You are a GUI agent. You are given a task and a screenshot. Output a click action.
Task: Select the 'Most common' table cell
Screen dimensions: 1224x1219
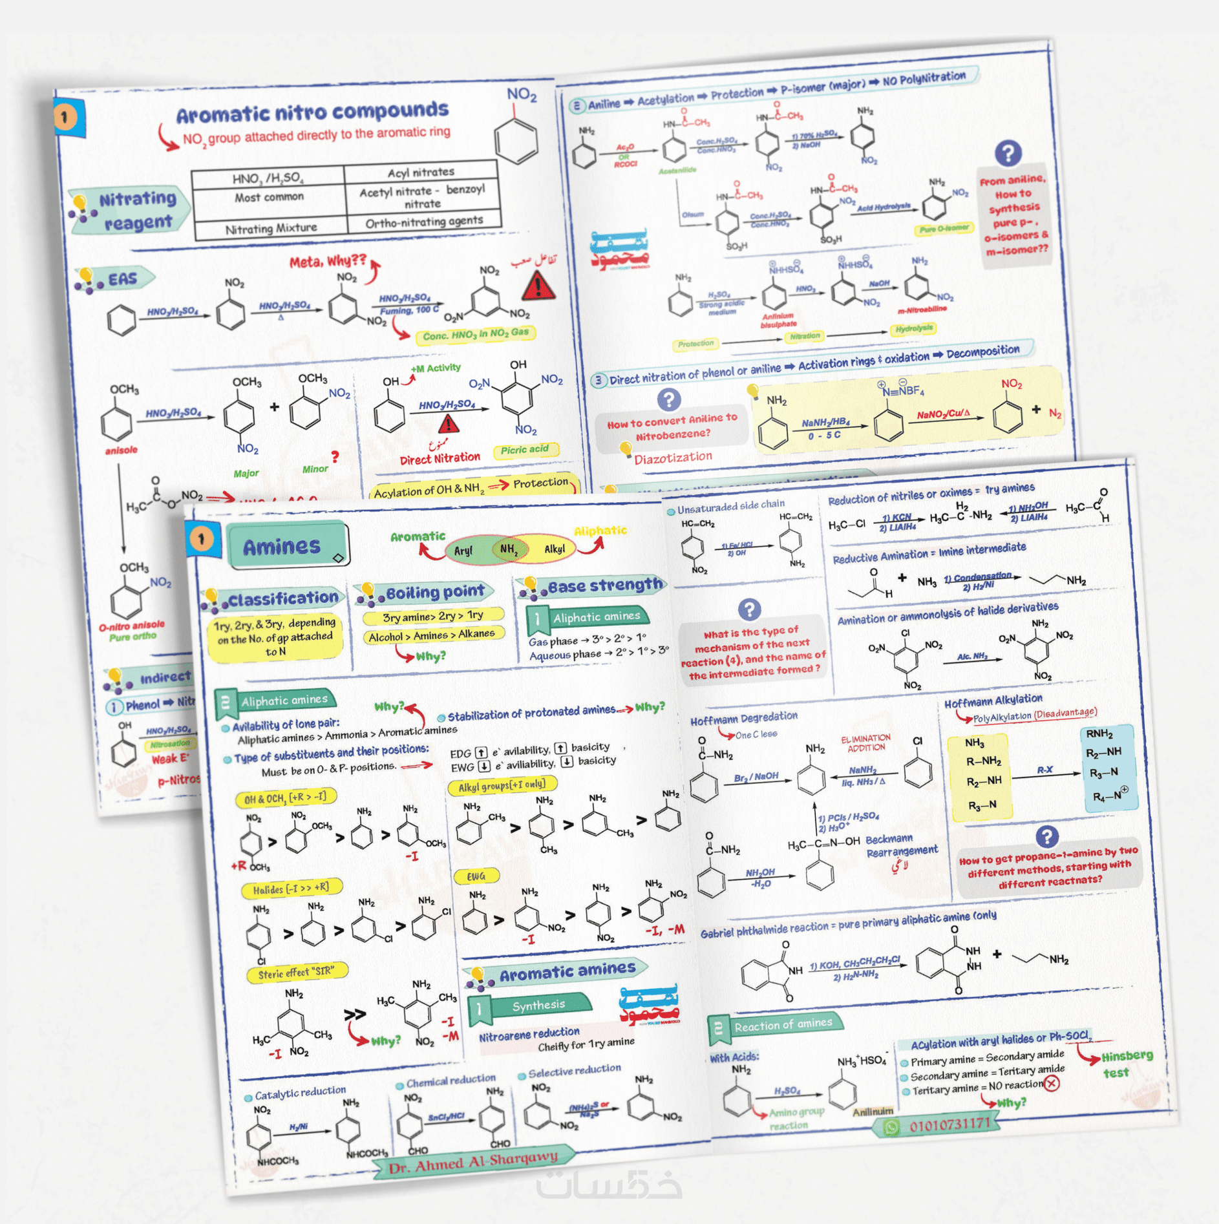pyautogui.click(x=269, y=197)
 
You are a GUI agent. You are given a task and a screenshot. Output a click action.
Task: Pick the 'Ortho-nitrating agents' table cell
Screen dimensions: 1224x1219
pyautogui.click(x=424, y=222)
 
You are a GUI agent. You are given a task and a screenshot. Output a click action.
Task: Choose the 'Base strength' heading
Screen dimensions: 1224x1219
pyautogui.click(x=605, y=586)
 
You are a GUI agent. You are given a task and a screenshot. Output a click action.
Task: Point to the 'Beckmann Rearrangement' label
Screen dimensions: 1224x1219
pyautogui.click(x=901, y=845)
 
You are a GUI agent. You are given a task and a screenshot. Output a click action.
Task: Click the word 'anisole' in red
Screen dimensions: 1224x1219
pyautogui.click(x=122, y=450)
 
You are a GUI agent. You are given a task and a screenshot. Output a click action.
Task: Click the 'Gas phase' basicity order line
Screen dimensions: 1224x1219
pyautogui.click(x=587, y=640)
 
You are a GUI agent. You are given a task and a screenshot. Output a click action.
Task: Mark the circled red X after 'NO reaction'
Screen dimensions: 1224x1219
pyautogui.click(x=1052, y=1083)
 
